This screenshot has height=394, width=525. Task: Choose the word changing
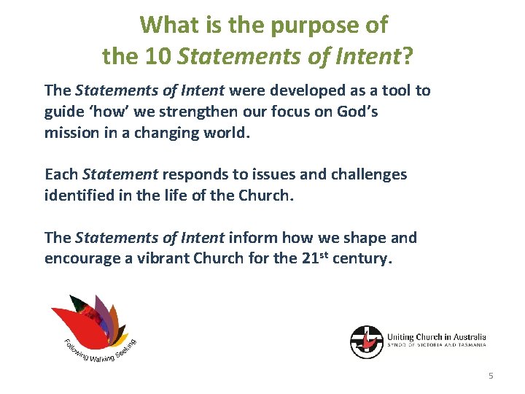pyautogui.click(x=168, y=134)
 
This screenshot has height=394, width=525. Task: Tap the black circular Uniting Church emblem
pyautogui.click(x=366, y=341)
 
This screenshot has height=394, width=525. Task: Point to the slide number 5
pyautogui.click(x=491, y=376)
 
